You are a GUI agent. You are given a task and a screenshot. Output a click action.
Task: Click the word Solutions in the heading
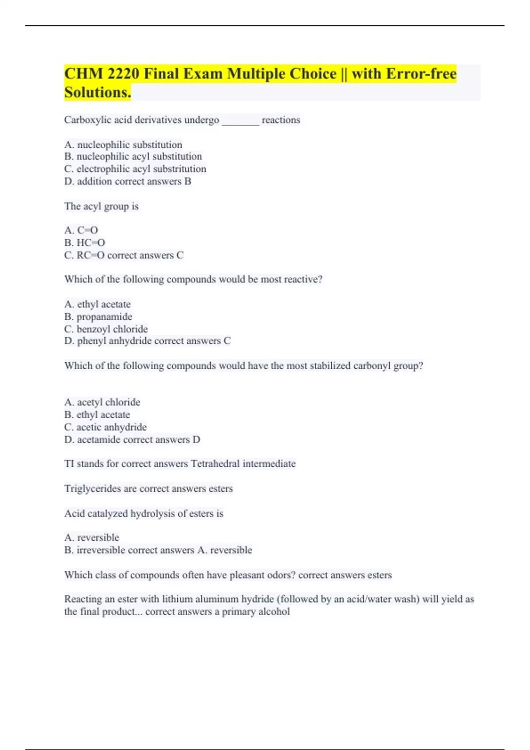click(97, 93)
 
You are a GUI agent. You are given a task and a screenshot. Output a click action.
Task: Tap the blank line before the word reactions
click(240, 120)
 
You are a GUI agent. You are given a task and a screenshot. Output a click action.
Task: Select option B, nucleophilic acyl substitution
click(133, 157)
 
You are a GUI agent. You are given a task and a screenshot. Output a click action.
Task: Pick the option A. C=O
click(81, 230)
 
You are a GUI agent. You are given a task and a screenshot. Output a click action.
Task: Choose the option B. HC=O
click(85, 243)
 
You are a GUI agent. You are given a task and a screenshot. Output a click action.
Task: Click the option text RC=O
click(90, 255)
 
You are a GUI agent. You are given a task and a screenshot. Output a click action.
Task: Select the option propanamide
click(104, 317)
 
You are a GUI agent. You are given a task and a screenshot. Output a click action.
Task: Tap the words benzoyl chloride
click(112, 329)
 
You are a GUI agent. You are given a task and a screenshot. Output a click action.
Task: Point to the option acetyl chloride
click(108, 402)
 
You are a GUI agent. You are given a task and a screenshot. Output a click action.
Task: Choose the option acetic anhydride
click(111, 427)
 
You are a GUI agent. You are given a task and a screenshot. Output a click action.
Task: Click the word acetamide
click(98, 440)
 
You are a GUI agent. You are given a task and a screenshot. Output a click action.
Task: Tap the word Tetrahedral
click(215, 464)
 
